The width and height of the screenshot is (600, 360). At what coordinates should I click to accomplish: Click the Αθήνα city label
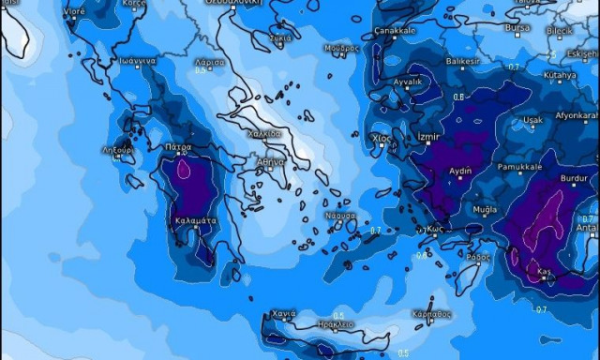click(x=271, y=161)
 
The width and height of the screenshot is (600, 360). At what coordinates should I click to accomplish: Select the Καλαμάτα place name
click(x=196, y=220)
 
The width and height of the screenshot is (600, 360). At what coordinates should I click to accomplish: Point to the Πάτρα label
click(x=178, y=147)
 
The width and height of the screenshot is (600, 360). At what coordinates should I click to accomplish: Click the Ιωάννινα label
click(x=136, y=59)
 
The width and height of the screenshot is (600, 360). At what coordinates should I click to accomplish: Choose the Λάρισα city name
click(x=211, y=61)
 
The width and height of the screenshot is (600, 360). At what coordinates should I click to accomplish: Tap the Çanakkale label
click(x=395, y=30)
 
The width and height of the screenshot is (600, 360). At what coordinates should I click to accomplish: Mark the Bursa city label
click(x=517, y=28)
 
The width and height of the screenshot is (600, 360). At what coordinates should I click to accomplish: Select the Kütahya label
click(x=560, y=74)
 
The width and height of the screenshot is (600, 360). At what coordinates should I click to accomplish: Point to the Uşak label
click(x=532, y=120)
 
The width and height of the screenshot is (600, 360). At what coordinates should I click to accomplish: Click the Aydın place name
click(x=460, y=172)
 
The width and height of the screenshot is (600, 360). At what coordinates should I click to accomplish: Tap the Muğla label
click(x=486, y=209)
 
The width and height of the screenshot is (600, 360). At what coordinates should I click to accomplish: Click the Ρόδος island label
click(x=477, y=256)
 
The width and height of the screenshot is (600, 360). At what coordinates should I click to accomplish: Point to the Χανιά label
click(x=283, y=313)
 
